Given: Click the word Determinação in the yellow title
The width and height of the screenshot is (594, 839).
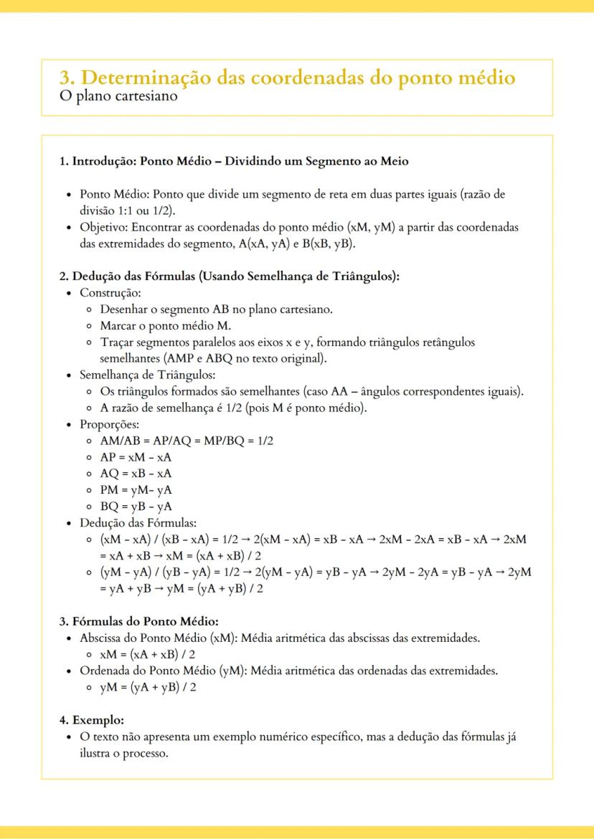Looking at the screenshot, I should coord(151,77).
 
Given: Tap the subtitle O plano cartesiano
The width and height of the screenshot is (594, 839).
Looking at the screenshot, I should coord(118,95).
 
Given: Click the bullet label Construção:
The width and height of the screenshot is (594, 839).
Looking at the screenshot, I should coord(110,293).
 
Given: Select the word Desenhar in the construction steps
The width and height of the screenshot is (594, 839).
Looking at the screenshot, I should coord(124,310).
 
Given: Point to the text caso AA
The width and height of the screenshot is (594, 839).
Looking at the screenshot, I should coord(329,391).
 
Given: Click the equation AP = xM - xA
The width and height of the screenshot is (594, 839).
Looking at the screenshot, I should coord(136,457).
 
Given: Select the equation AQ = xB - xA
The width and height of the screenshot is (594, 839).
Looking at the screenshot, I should coord(136,474).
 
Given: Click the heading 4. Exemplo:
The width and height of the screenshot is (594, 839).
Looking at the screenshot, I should coord(92,719).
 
